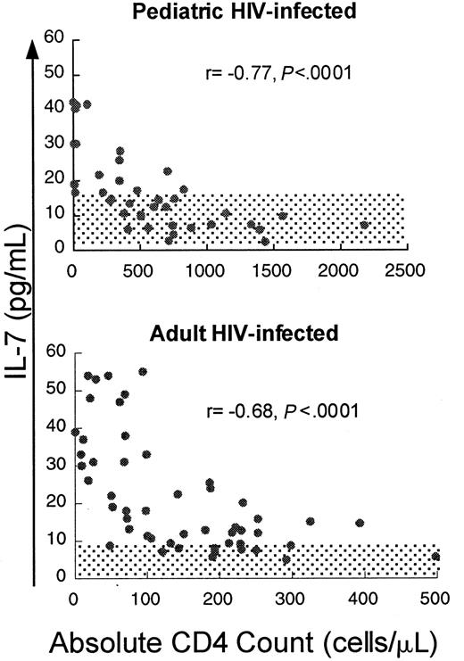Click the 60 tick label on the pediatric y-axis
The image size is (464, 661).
54,39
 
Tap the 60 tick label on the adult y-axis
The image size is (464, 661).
54,352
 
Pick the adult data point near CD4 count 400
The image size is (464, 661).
360,523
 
